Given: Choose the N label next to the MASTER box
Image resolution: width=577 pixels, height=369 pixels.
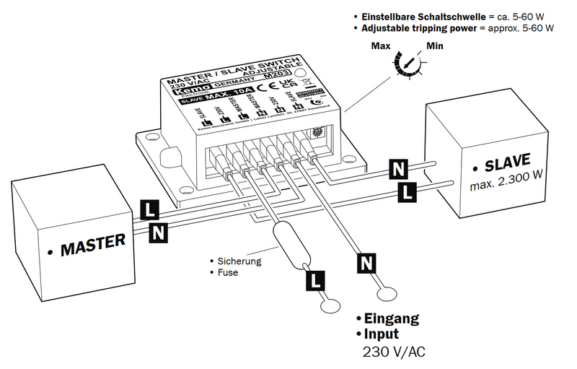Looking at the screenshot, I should click(159, 232).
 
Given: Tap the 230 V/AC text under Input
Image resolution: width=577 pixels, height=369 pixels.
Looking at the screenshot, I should click(393, 353).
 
